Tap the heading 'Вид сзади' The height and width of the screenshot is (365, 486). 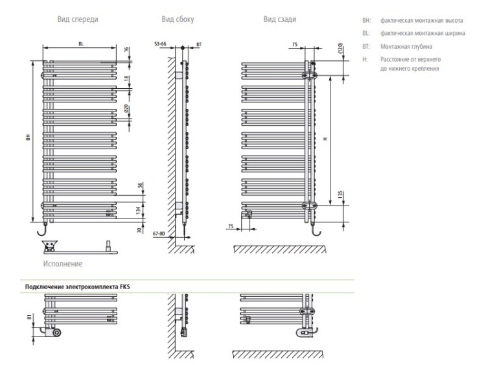click(280, 19)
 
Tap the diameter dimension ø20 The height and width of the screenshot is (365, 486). click(127, 110)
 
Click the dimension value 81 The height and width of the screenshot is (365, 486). click(29, 319)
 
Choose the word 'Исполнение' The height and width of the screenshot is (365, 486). click(62, 264)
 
